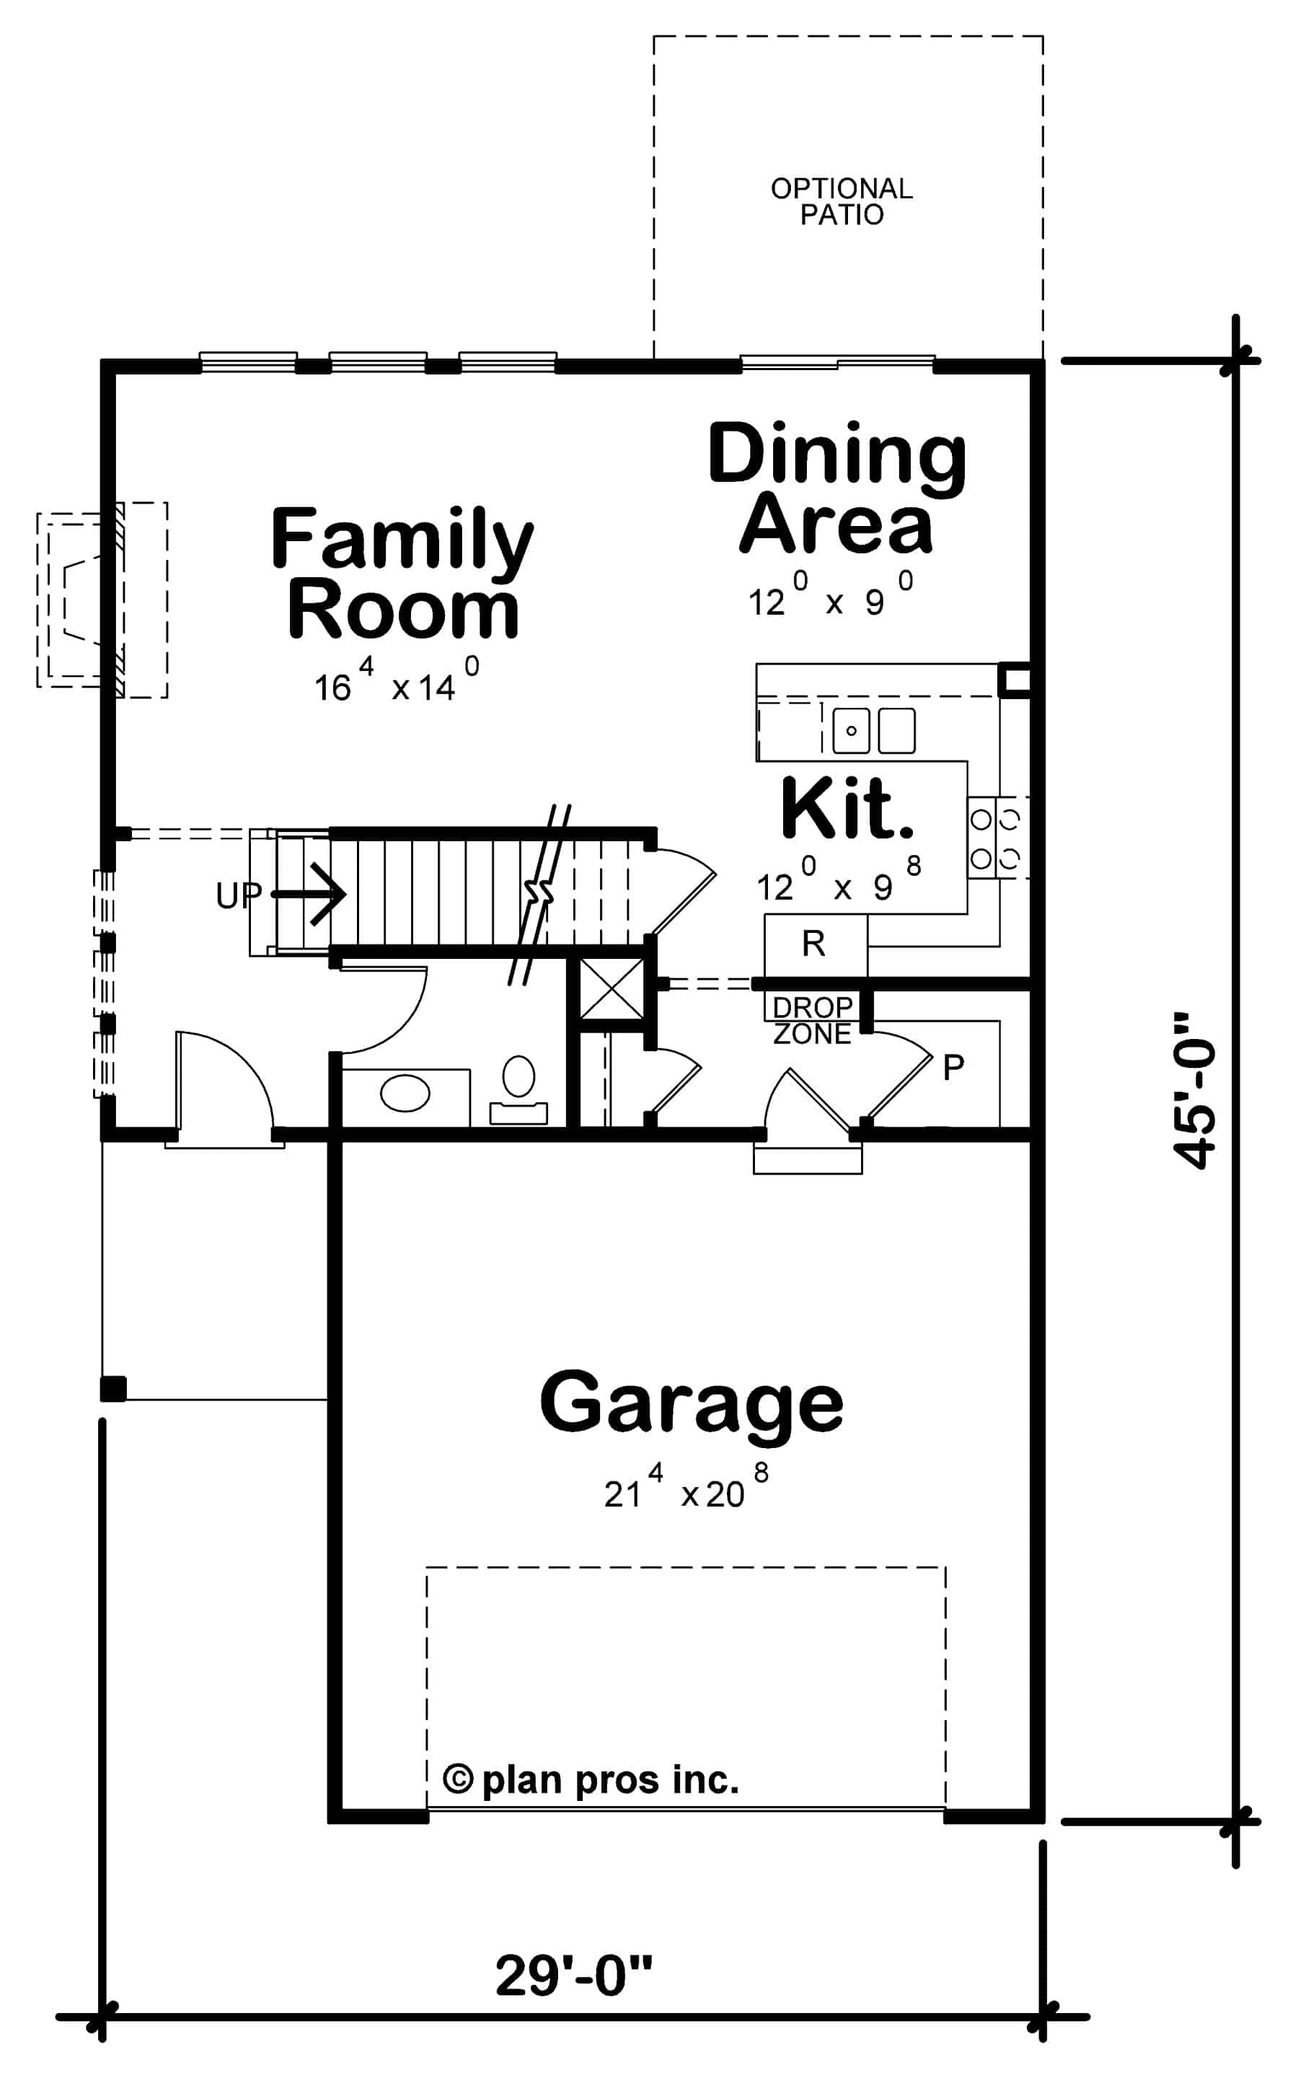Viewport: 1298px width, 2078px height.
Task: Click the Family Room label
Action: point(402,573)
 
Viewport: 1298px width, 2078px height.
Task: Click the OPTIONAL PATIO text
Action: point(842,201)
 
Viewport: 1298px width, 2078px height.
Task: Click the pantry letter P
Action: point(953,1067)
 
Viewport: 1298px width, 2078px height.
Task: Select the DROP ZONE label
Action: point(812,1020)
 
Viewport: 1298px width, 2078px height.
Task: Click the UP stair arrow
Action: point(309,895)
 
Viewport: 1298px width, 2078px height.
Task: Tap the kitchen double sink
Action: point(874,730)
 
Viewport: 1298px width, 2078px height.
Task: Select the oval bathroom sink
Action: point(405,1094)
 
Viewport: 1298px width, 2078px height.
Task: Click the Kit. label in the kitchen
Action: point(847,810)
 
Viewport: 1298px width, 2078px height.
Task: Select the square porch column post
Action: point(113,1388)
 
